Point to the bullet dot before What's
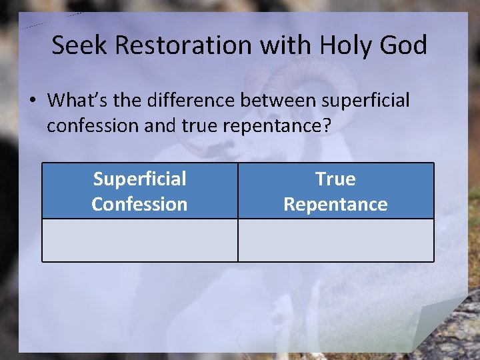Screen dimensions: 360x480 pos(32,101)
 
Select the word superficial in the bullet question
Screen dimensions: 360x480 pos(365,101)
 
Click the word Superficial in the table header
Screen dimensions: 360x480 pos(139,179)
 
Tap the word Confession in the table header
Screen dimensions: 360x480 pos(139,204)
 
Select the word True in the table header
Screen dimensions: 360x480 pos(335,179)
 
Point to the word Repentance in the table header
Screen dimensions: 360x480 pos(335,204)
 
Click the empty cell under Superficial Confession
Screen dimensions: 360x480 pos(139,240)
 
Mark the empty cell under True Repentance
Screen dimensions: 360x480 pos(335,240)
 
